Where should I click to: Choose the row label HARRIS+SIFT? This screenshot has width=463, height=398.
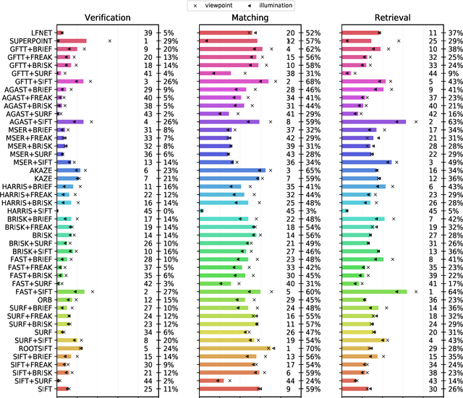tap(30, 210)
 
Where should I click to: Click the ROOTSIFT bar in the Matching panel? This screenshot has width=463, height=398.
tap(235, 348)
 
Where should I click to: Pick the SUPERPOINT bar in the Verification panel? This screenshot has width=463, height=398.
tap(72, 41)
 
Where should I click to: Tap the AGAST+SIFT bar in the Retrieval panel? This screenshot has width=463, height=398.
tap(373, 121)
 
